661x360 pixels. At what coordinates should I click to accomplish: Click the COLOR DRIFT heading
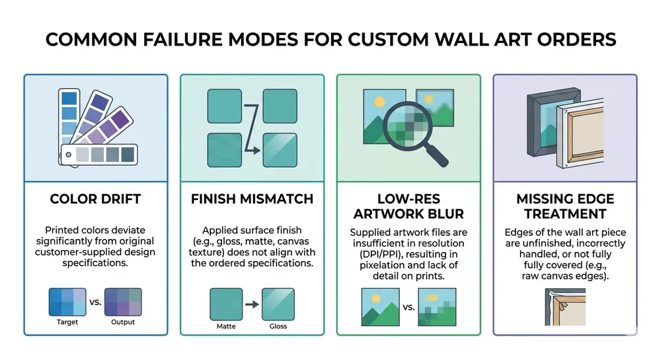(95, 199)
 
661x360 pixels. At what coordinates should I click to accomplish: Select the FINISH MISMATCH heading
(252, 199)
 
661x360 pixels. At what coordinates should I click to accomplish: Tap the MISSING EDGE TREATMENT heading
(564, 205)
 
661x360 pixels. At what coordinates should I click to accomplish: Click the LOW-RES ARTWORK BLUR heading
(408, 205)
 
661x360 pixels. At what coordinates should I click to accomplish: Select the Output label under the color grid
(123, 322)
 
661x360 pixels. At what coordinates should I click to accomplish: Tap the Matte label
(226, 326)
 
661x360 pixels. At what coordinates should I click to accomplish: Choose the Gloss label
(278, 326)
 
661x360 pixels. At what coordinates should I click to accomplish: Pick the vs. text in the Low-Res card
(408, 307)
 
